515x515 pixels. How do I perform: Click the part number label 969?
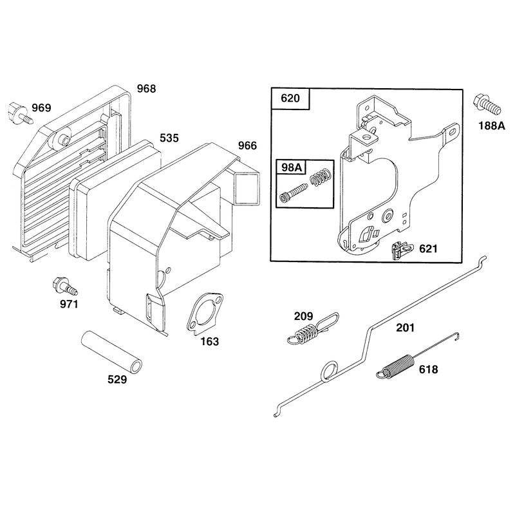pos(41,108)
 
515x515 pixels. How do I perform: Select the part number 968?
pos(146,89)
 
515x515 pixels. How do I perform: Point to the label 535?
pos(169,138)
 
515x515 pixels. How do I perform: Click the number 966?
pos(247,145)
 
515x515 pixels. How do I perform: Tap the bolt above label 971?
pos(65,286)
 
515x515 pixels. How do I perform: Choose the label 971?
pos(69,304)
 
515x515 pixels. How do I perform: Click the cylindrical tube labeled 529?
pos(112,352)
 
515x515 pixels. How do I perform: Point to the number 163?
pos(210,342)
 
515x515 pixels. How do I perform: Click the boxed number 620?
pos(290,98)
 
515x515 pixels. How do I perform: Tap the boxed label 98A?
pos(292,167)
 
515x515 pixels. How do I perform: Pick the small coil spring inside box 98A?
pos(319,178)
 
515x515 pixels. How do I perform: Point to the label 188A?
pos(491,126)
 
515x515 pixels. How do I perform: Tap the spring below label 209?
pos(312,329)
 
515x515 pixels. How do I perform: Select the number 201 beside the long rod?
pos(406,328)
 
